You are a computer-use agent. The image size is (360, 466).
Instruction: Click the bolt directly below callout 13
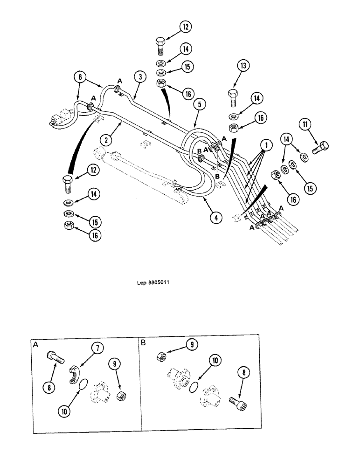[x=233, y=98]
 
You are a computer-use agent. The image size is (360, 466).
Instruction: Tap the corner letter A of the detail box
[x=36, y=345]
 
